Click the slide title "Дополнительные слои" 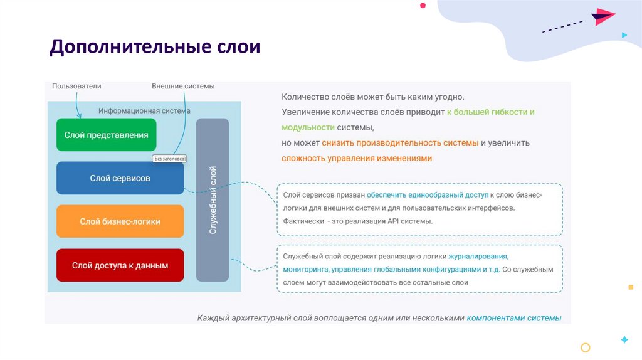tap(154, 46)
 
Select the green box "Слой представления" tap(106, 134)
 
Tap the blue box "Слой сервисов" tap(120, 178)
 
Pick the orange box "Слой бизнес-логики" tap(120, 221)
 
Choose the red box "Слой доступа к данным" tap(120, 265)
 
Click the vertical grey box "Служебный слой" tap(213, 200)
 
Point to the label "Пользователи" tap(76, 86)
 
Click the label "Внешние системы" tap(183, 86)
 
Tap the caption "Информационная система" tap(144, 110)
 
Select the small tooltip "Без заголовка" tap(169, 159)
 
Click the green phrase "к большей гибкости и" tap(490, 112)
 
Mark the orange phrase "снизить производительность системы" tap(400, 143)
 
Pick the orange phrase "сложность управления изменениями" tap(357, 158)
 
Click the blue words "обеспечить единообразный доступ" tap(426, 194)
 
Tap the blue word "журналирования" tap(478, 257)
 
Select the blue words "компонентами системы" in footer tap(513, 318)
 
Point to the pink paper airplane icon tap(603, 16)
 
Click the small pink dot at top tap(423, 5)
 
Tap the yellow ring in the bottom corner tap(586, 347)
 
